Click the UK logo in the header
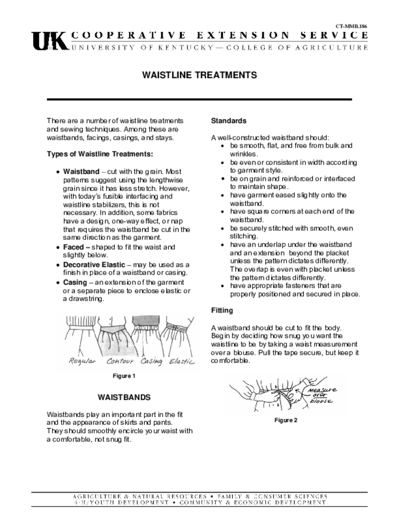click(48, 41)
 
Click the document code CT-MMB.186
click(352, 25)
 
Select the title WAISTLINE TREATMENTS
click(199, 75)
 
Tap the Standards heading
click(229, 121)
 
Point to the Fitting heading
click(222, 310)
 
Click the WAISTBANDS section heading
click(124, 397)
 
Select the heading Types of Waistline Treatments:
click(100, 154)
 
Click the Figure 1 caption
click(124, 376)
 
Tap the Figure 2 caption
click(286, 420)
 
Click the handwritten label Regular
click(82, 361)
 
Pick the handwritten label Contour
click(120, 361)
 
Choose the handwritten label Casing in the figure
click(151, 361)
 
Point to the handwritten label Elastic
click(182, 361)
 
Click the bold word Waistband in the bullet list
click(81, 171)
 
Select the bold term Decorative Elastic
click(94, 265)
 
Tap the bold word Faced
click(74, 247)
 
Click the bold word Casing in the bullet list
click(75, 282)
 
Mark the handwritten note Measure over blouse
click(321, 395)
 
